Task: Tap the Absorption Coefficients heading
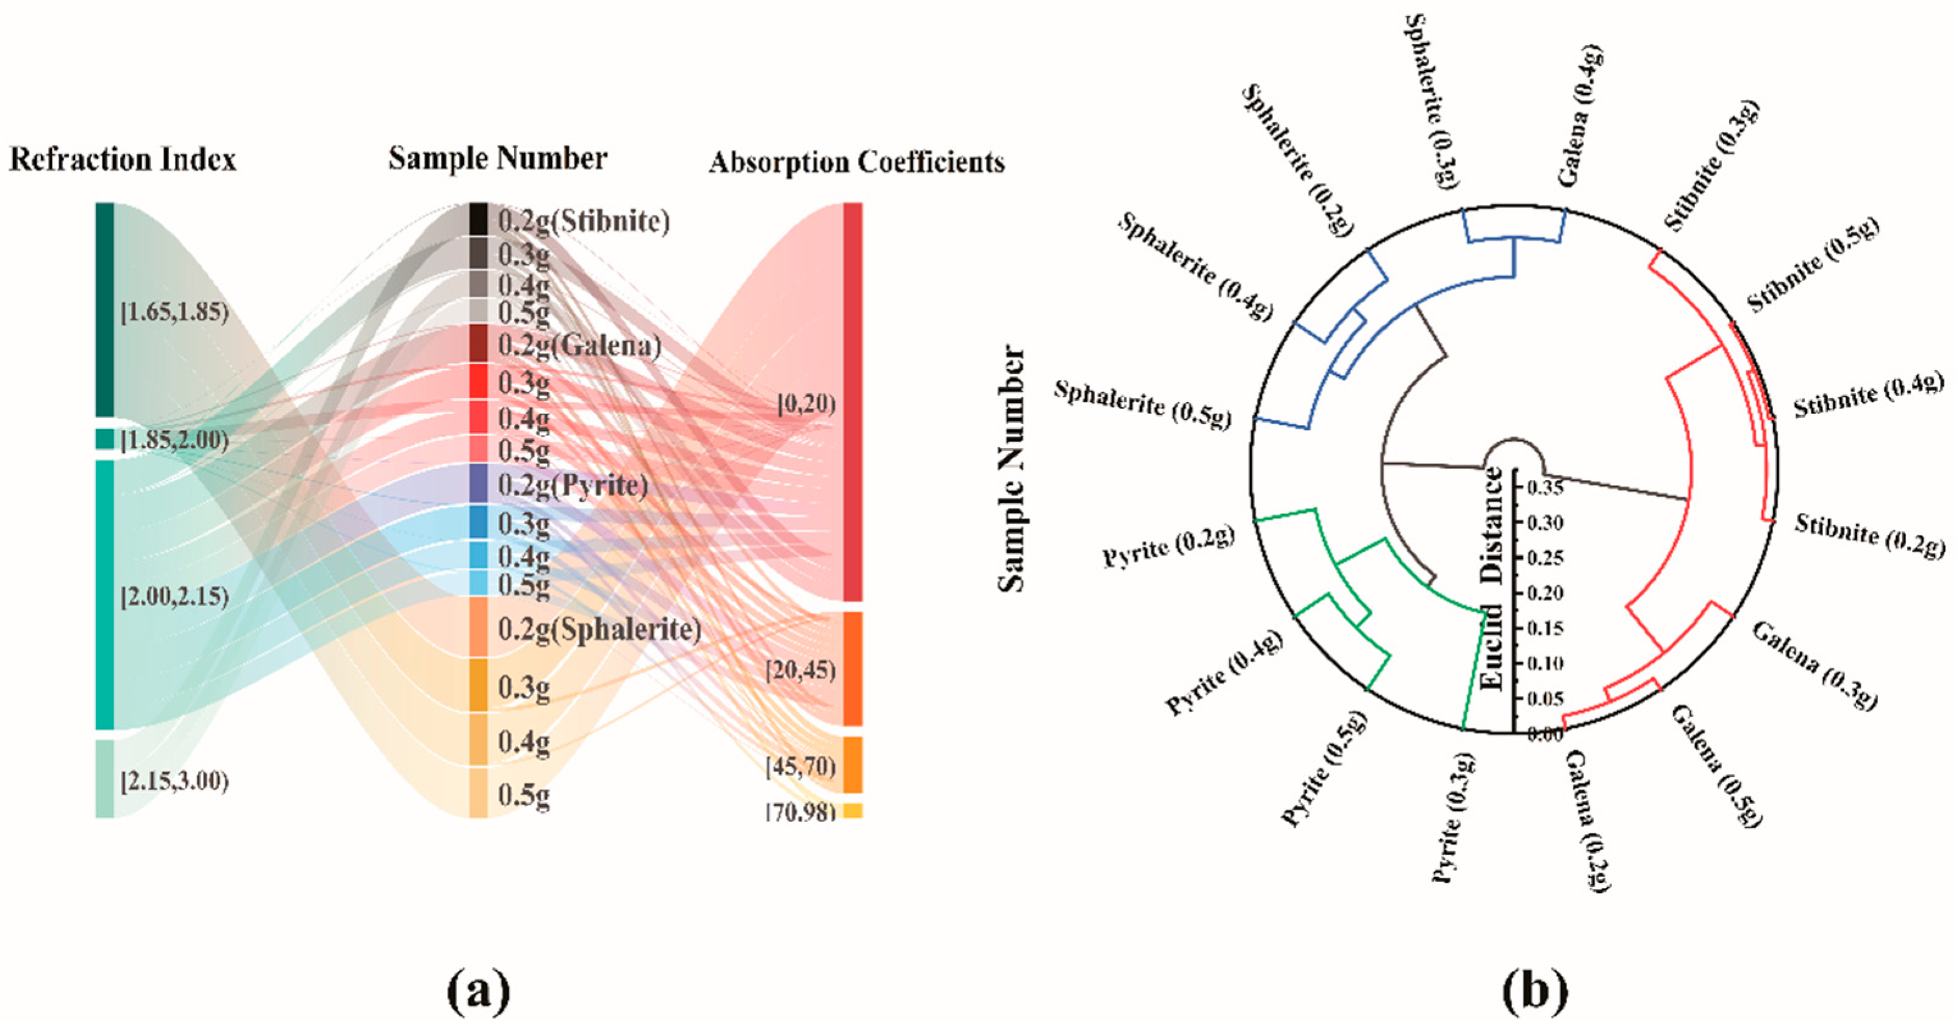click(857, 162)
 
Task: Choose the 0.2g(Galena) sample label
click(579, 346)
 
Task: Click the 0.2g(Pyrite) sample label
click(573, 485)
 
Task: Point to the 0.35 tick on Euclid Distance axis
click(1544, 487)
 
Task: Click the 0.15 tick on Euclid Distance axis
click(1544, 628)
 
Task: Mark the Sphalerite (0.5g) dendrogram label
click(1143, 404)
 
